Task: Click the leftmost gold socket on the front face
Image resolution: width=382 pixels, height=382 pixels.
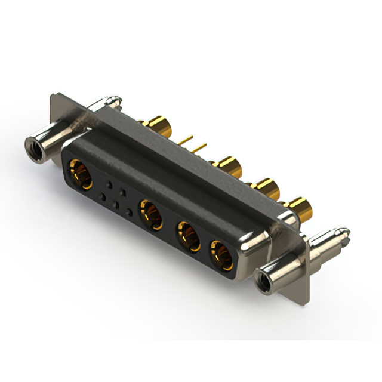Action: pyautogui.click(x=80, y=172)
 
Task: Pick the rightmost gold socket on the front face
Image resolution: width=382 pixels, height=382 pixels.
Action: pyautogui.click(x=221, y=254)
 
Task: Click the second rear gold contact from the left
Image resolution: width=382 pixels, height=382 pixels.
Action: pyautogui.click(x=227, y=165)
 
